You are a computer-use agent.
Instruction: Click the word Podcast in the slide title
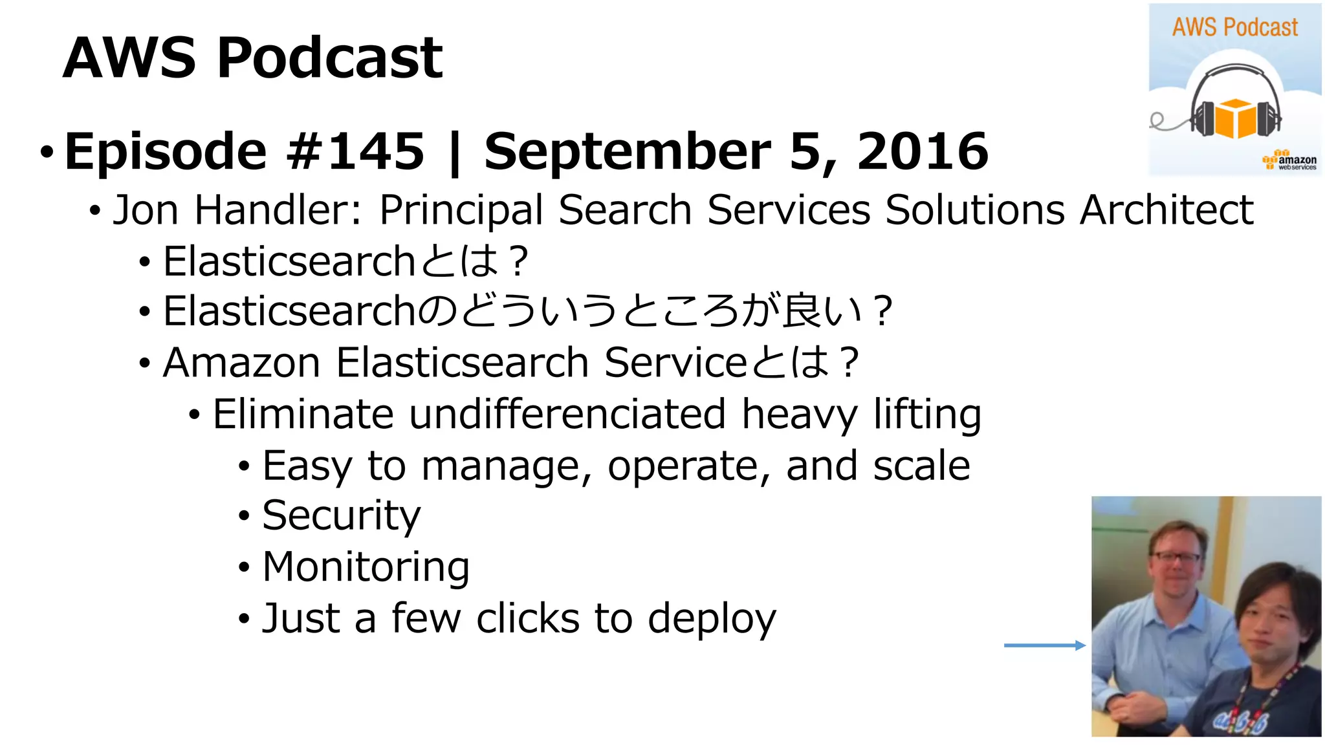pos(330,58)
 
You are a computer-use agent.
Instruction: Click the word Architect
pos(1166,210)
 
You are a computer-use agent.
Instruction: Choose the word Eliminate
pos(303,414)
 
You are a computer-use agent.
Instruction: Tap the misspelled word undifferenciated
pos(567,414)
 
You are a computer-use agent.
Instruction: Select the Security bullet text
pos(341,516)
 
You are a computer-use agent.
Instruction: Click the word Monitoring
pos(366,567)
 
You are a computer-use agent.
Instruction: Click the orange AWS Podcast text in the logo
pos(1235,28)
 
